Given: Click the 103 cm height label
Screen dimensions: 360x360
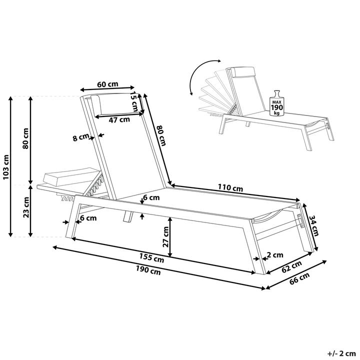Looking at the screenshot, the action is click(x=5, y=167).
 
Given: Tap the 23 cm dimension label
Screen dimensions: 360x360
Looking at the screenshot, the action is click(x=26, y=207).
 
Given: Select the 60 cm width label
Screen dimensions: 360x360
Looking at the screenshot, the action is click(x=107, y=84).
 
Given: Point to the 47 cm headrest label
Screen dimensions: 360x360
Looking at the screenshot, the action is click(x=119, y=119).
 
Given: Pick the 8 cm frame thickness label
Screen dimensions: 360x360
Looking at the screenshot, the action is click(x=81, y=137).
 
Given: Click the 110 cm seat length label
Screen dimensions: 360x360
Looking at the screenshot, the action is click(x=230, y=187).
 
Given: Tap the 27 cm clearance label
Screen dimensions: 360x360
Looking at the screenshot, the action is click(x=165, y=236).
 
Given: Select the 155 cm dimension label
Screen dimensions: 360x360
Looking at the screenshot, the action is click(x=151, y=257).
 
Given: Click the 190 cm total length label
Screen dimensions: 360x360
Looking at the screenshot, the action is click(x=148, y=270).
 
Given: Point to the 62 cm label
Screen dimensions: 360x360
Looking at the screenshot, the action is click(x=291, y=266).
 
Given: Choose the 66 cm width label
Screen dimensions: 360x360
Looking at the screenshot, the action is click(x=299, y=278).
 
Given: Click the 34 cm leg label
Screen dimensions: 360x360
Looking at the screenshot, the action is click(x=313, y=225).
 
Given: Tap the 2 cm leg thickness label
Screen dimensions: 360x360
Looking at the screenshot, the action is click(x=275, y=255).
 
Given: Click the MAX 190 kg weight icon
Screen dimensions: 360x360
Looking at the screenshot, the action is click(x=277, y=103).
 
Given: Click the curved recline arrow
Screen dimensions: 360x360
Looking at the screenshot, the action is click(x=194, y=72).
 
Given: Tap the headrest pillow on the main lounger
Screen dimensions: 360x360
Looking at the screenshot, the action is click(x=115, y=104).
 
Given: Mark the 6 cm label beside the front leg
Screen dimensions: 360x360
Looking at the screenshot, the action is click(x=88, y=218).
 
